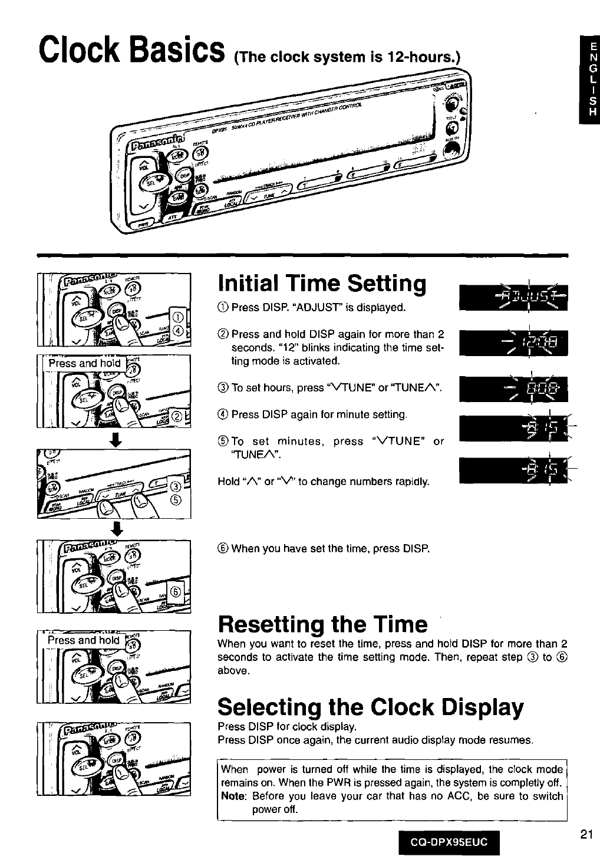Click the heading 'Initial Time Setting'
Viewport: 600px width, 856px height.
322,284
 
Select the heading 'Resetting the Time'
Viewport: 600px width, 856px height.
322,624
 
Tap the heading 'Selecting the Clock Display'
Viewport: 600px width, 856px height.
370,706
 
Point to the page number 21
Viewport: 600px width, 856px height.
585,834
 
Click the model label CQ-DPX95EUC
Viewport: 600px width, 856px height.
449,841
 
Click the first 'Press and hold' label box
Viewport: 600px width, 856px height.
84,363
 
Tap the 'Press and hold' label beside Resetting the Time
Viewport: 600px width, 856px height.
84,640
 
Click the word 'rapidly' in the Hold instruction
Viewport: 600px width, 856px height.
411,482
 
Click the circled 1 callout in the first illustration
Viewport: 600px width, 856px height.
180,318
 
